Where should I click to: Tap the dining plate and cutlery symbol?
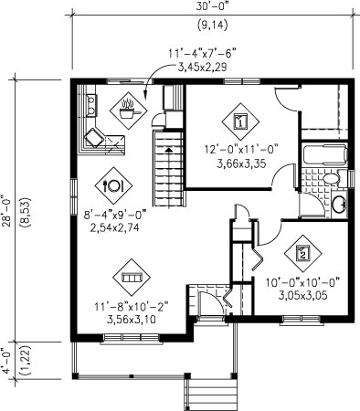(113, 185)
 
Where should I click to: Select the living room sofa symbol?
(132, 278)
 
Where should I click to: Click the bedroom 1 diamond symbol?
(240, 121)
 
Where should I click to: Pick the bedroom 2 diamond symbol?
(302, 254)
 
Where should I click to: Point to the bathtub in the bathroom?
(325, 154)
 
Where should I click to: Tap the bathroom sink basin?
(339, 205)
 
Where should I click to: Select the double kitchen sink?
(91, 105)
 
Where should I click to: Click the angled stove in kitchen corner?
(94, 138)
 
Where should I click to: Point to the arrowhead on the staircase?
(168, 150)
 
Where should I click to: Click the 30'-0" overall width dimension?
(212, 7)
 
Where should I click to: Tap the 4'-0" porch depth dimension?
(6, 361)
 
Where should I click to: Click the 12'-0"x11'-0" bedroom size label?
(241, 150)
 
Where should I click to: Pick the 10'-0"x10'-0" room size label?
(302, 282)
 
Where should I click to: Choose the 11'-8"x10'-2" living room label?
(132, 306)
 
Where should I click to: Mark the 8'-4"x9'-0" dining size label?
(115, 215)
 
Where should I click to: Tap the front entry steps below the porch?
(211, 395)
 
